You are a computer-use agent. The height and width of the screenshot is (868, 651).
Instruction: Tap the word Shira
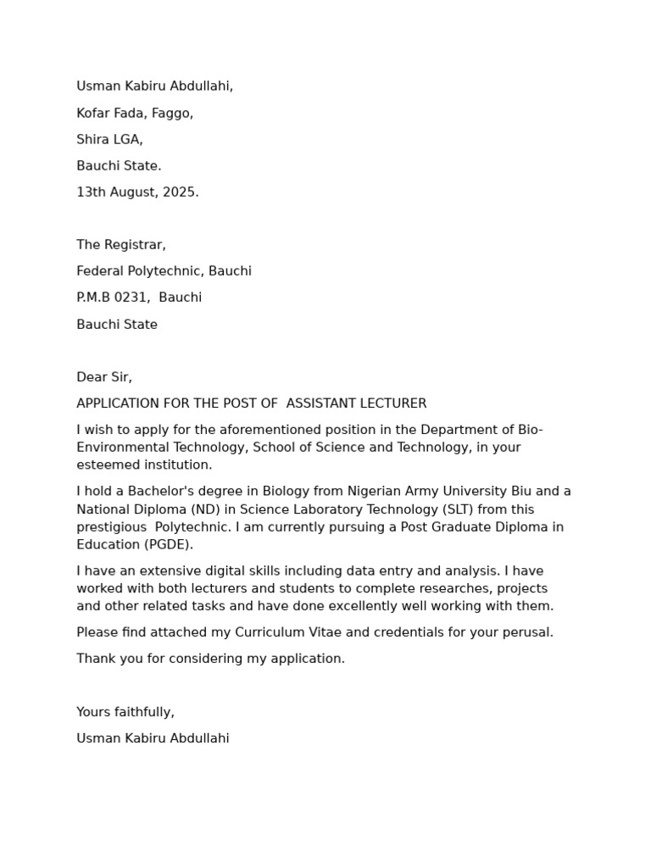(93, 140)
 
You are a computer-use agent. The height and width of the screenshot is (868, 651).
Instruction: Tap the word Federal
(100, 271)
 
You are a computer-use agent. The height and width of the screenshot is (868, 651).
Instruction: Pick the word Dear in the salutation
(91, 377)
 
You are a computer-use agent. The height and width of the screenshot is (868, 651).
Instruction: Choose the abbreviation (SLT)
(458, 509)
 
